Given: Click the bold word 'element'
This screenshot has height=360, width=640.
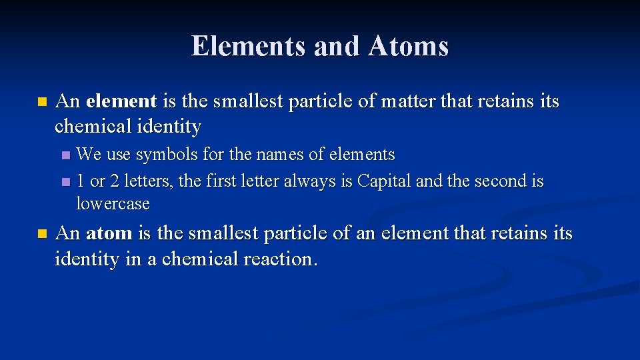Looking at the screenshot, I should click(x=121, y=101).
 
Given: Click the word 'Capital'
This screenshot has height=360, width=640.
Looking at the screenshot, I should click(x=384, y=181).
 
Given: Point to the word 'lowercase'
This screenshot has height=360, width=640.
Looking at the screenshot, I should click(x=113, y=203).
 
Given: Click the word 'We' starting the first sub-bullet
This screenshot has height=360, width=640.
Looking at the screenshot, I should click(x=89, y=155).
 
